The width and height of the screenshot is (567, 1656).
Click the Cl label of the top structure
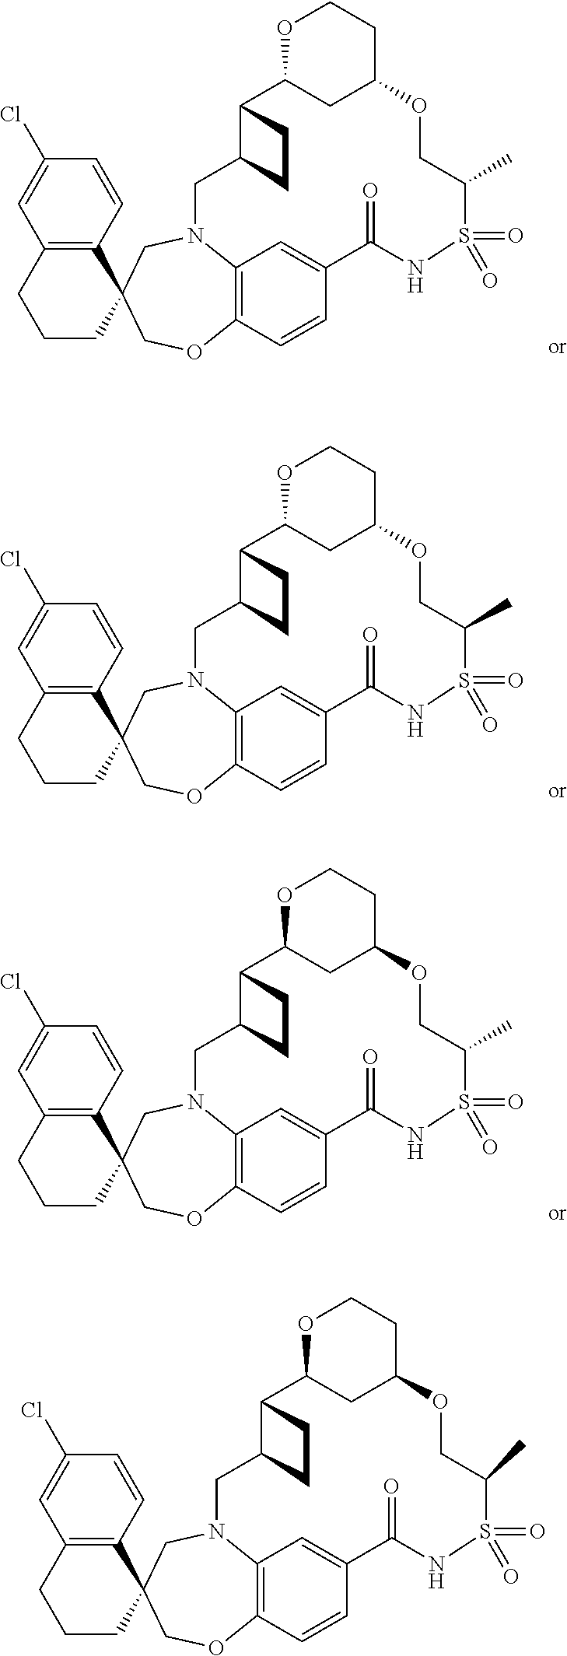(12, 116)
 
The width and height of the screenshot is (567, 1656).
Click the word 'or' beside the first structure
(556, 348)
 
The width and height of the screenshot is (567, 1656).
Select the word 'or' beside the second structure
(556, 792)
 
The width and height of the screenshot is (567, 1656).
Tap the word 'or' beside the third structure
(556, 1213)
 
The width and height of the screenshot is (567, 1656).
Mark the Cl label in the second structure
(12, 560)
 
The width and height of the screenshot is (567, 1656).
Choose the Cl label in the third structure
(12, 982)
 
